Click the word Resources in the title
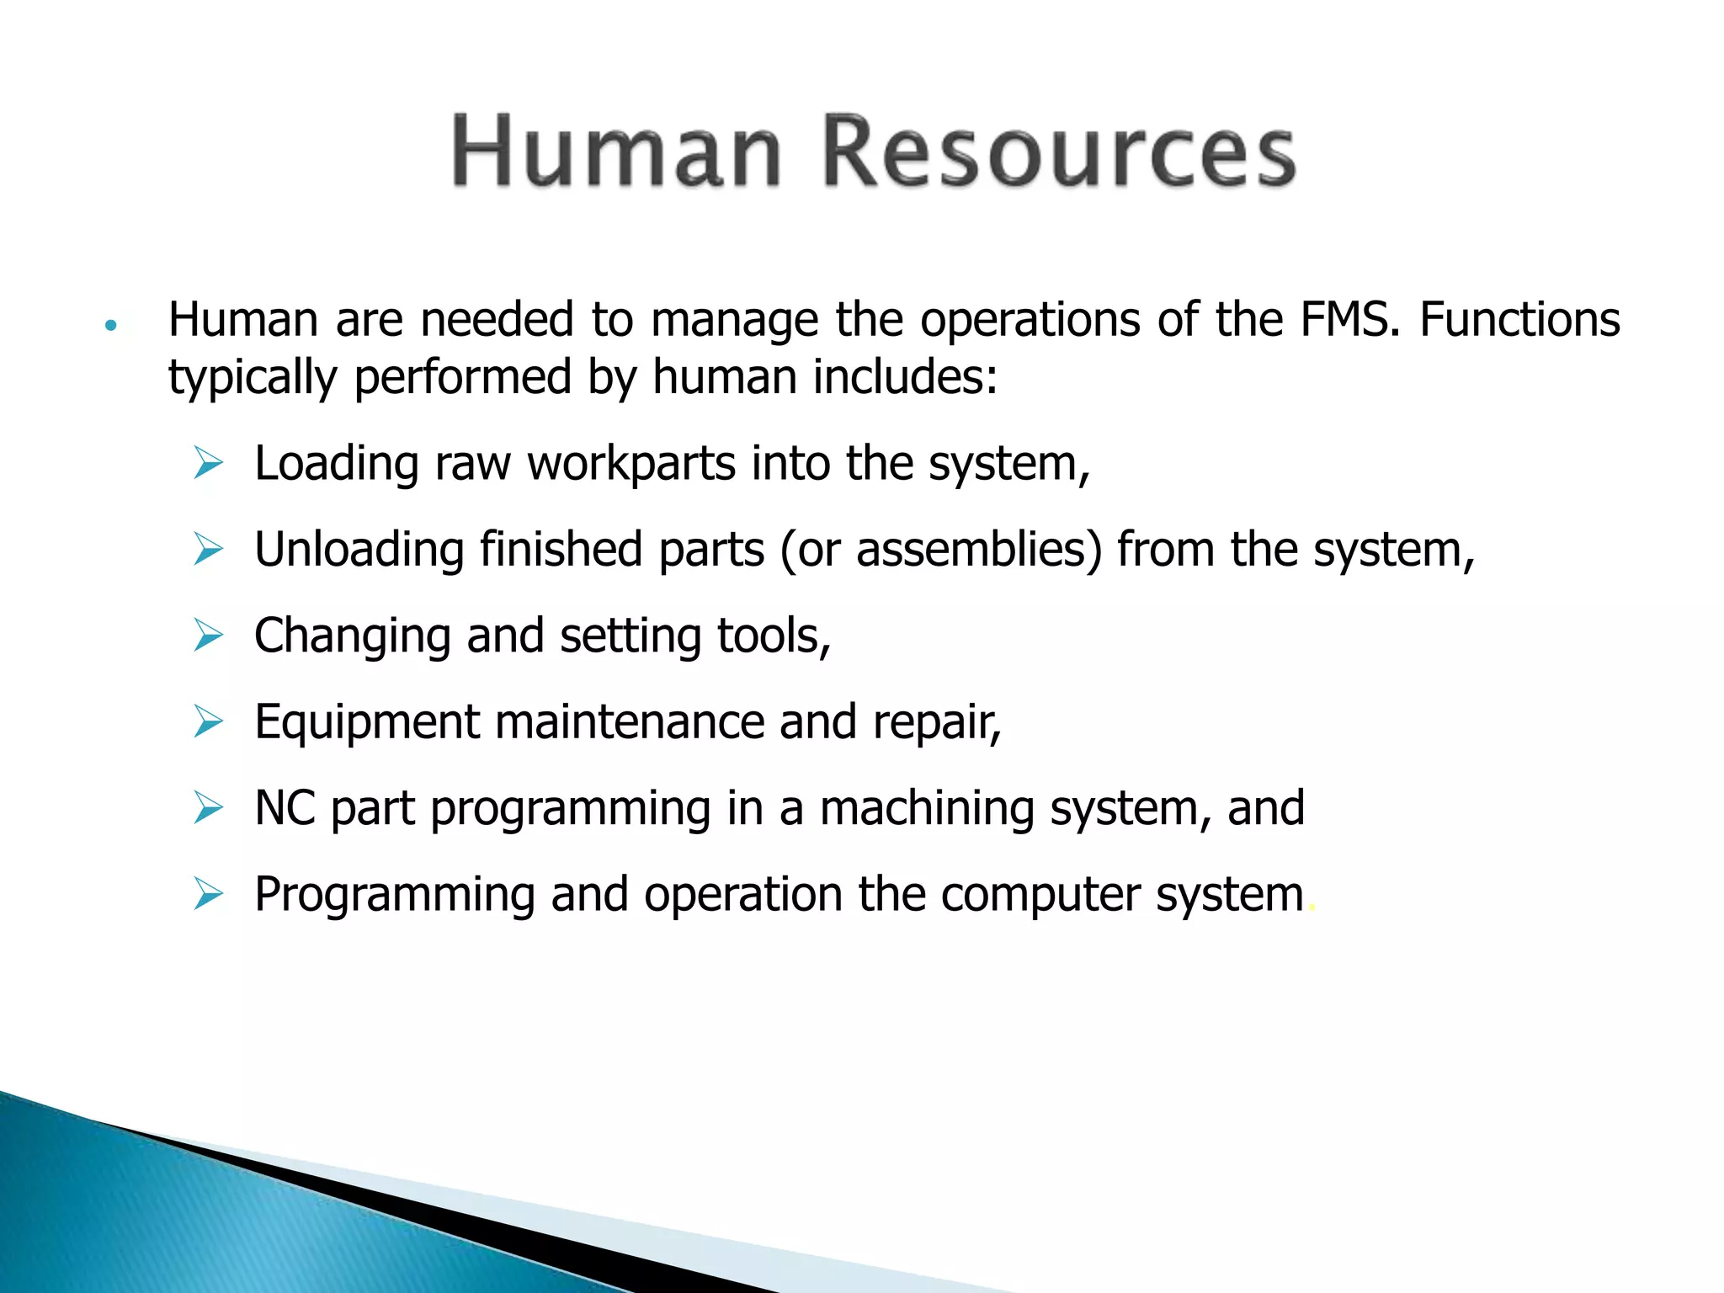tap(1057, 152)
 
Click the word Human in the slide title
tap(617, 152)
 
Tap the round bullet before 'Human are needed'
tap(110, 325)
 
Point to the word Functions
tap(1519, 320)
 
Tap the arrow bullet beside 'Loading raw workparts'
tap(208, 463)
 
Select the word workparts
tap(631, 464)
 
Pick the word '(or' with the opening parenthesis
tap(810, 550)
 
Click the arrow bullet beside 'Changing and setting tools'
tap(208, 636)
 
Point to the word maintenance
tap(629, 722)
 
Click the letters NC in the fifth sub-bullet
tap(285, 808)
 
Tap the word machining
tap(927, 808)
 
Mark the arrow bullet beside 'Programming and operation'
tap(208, 894)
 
